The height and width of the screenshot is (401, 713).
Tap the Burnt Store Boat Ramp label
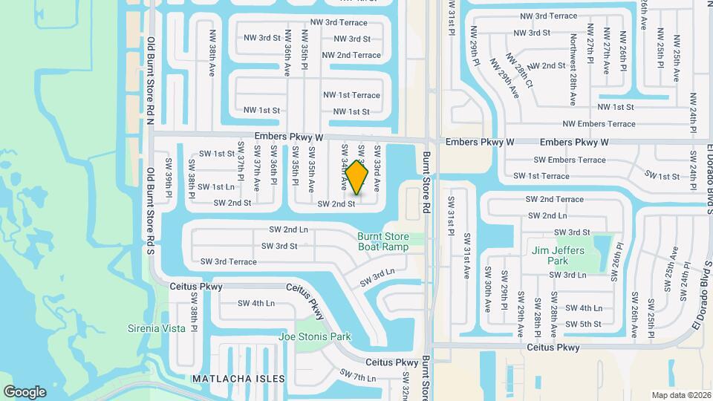pos(383,241)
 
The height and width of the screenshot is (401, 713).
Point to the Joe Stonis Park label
pos(314,337)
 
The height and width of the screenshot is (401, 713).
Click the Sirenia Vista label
pos(157,328)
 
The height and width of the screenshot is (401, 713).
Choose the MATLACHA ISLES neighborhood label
pos(238,379)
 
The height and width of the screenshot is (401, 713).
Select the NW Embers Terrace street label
pos(599,124)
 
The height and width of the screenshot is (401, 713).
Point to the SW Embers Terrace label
pos(570,160)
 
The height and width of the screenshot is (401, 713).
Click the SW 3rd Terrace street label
pos(228,261)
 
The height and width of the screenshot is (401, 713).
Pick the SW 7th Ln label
pos(358,375)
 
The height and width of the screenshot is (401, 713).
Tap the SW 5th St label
pos(583,325)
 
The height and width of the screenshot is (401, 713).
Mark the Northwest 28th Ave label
pos(573,68)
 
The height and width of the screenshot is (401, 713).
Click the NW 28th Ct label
pos(520,71)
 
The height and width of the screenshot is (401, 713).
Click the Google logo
pos(25,392)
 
